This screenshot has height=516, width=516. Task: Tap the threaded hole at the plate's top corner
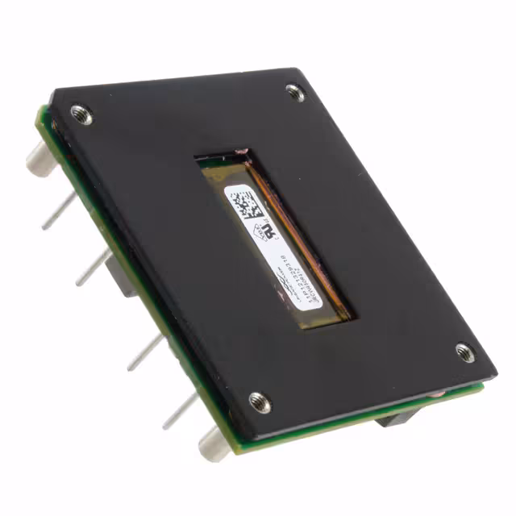pos(296,93)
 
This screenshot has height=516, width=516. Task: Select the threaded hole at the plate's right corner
pos(464,352)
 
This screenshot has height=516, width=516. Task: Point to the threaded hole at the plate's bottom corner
pos(260,401)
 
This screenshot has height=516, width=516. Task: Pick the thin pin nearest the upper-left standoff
pos(60,211)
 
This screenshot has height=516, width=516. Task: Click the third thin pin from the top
pos(144,353)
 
